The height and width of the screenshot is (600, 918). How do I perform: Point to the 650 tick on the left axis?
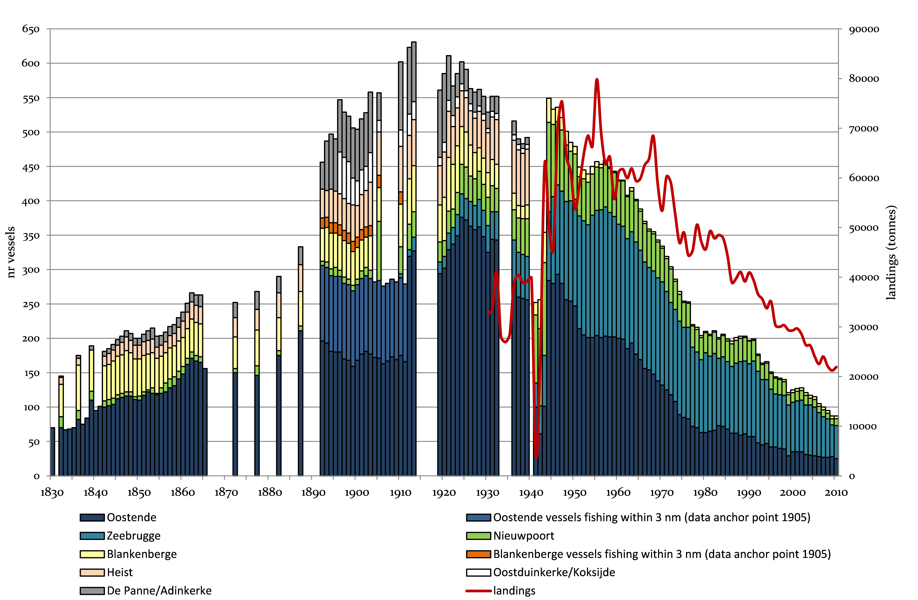click(x=31, y=29)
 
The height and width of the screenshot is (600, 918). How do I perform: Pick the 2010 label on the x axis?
click(x=836, y=493)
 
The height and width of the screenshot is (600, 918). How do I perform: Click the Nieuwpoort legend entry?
click(x=523, y=536)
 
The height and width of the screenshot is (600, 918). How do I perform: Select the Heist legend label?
click(x=120, y=572)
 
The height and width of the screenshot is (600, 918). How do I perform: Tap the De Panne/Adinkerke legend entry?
click(x=159, y=591)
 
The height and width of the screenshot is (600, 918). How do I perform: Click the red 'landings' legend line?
click(x=478, y=591)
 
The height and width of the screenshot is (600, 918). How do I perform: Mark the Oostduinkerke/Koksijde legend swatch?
click(x=478, y=572)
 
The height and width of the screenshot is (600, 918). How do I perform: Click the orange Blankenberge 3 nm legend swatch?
click(x=478, y=554)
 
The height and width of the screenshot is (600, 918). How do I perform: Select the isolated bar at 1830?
click(x=52, y=452)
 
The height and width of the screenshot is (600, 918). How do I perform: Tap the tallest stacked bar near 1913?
click(x=414, y=259)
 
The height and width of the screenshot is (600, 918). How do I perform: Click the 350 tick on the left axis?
click(x=31, y=236)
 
